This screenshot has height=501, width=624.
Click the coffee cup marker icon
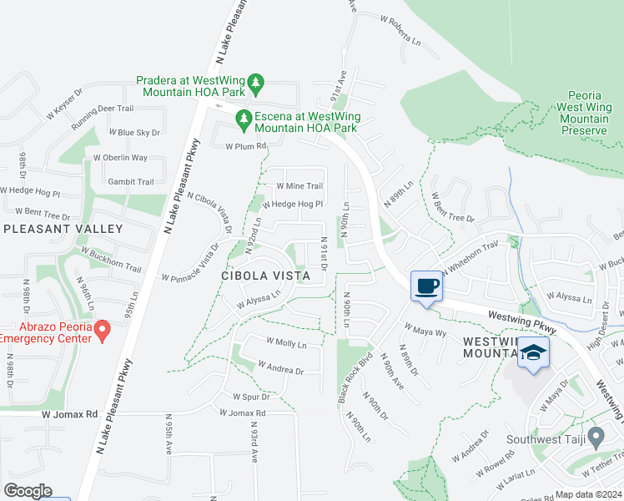426,286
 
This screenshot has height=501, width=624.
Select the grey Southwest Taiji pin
596,436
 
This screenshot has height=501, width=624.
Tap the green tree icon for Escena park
244,120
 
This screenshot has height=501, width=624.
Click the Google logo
28,491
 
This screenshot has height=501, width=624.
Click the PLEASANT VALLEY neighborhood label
63,228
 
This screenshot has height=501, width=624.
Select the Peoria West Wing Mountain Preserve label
583,114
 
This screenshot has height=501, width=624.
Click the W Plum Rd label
245,145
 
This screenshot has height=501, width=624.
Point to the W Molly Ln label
286,343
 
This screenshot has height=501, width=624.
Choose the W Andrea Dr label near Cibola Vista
280,368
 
